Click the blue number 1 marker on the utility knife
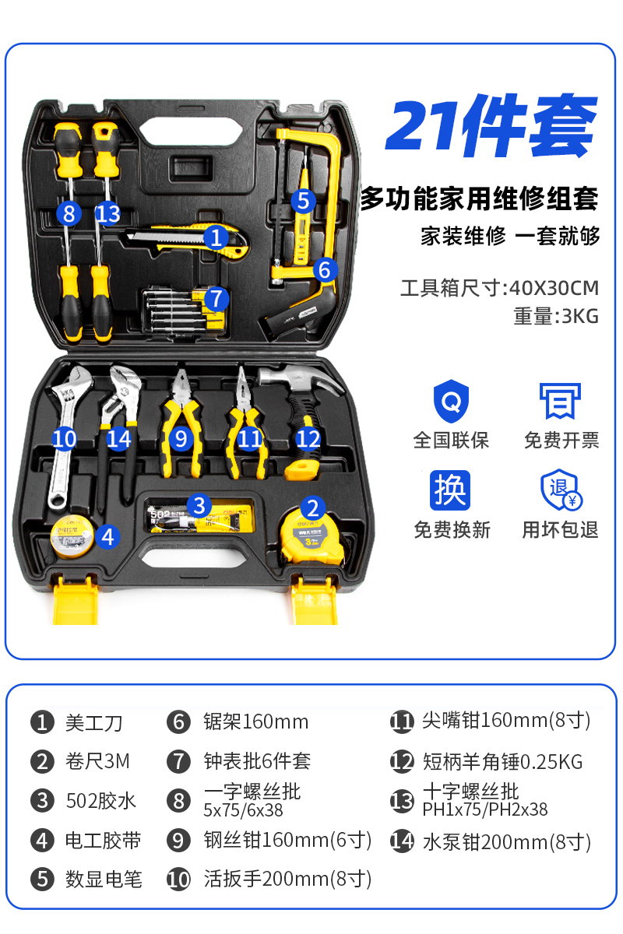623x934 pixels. tap(216, 237)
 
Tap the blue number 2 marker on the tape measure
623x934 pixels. tap(312, 508)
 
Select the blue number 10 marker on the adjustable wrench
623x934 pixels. tap(65, 439)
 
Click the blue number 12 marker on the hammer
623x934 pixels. tap(308, 439)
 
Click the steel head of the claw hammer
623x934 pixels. tap(296, 381)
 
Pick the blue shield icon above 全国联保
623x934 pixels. tap(451, 402)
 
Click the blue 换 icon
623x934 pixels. tap(451, 490)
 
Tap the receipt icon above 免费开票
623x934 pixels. tap(561, 402)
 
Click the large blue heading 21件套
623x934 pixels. tap(491, 126)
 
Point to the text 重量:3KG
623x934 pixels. tap(556, 317)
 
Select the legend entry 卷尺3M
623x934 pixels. tap(97, 761)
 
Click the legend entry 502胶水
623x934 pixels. tap(100, 800)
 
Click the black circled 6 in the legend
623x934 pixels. tap(178, 722)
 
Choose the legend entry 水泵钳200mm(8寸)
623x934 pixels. tap(506, 842)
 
